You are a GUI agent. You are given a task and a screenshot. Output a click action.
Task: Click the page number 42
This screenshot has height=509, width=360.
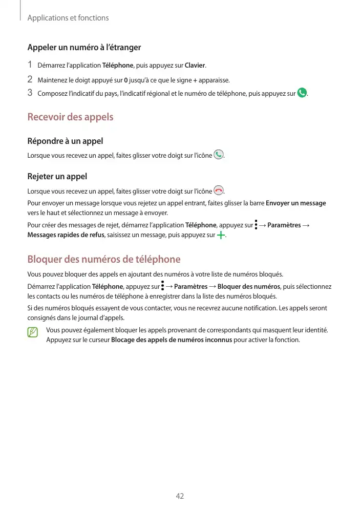180,496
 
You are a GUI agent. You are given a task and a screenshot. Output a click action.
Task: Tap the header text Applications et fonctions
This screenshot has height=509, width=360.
68,18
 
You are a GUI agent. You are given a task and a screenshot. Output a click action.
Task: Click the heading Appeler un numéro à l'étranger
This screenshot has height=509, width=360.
84,48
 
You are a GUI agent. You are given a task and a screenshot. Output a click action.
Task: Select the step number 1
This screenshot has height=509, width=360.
30,65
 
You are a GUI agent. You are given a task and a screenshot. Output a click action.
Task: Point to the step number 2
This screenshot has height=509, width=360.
30,79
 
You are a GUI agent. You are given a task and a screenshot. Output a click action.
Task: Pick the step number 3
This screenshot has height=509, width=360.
30,93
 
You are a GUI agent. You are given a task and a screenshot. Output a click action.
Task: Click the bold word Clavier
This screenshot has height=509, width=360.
195,66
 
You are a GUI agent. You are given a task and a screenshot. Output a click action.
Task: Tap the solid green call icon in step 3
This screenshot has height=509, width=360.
302,93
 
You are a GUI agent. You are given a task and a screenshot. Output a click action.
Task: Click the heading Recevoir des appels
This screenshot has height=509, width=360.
70,117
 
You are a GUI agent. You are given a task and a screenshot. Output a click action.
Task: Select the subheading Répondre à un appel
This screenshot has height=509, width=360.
65,141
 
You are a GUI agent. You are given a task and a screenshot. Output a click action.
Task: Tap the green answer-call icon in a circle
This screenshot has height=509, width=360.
219,155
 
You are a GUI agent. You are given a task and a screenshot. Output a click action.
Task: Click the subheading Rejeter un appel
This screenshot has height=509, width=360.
57,176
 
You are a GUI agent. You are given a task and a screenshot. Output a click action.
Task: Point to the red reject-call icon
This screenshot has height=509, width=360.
219,190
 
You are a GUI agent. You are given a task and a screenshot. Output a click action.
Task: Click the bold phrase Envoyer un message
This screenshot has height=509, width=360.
296,203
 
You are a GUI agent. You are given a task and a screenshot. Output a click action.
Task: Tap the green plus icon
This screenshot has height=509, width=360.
221,236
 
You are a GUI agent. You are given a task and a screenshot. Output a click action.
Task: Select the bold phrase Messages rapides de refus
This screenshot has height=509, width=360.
66,236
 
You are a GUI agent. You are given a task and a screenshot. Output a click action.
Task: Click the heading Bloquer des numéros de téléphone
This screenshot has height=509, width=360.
103,259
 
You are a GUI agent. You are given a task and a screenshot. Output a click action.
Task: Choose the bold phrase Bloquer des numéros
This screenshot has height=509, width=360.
252,287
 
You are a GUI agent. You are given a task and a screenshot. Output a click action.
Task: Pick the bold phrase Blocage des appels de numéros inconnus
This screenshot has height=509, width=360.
171,340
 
